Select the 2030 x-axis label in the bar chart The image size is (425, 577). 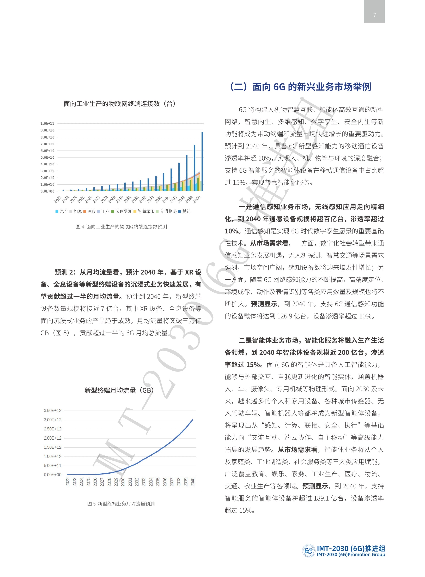coord(120,199)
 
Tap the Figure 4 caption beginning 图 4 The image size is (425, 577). coord(121,227)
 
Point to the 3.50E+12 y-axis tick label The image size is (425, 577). coord(52,410)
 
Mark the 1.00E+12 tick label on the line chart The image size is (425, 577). coord(52,456)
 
